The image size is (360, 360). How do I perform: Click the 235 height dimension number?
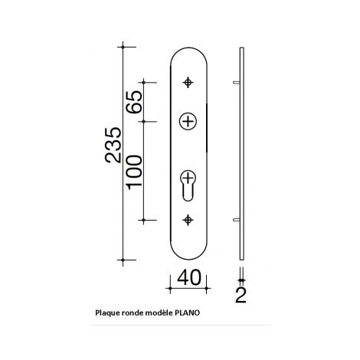coord(113,145)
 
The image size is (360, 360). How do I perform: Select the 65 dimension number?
coord(134,102)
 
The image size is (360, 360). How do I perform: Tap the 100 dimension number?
coord(134,172)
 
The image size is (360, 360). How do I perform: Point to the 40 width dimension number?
coord(189,277)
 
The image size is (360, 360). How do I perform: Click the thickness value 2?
coord(241,295)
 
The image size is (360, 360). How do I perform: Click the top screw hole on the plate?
coord(188,83)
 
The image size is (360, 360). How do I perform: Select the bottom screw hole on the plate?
coord(188,220)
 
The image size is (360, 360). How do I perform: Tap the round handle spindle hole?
coord(188,122)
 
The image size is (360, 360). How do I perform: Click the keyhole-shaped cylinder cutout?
coord(188,185)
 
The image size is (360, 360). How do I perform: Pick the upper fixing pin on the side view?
coord(237,83)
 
